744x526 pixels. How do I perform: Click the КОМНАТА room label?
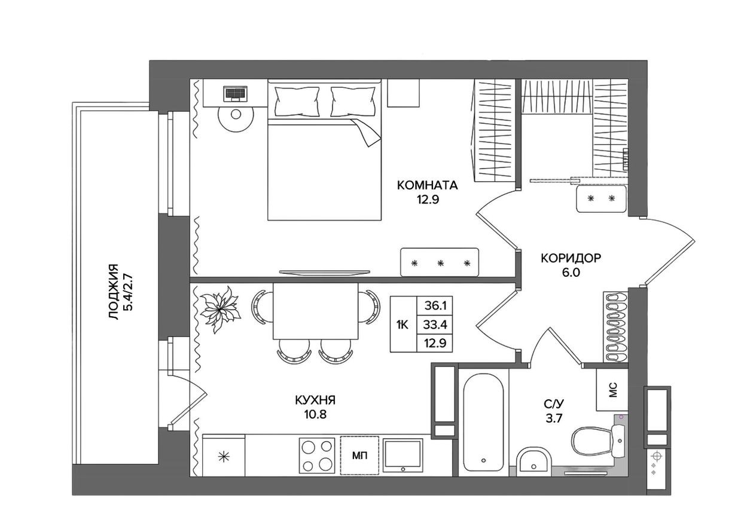pos(427,185)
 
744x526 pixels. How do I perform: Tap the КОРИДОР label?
pos(571,258)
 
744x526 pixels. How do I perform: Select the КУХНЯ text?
pos(315,400)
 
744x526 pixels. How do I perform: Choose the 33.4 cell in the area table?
pos(436,325)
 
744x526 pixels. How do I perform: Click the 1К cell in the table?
pos(403,325)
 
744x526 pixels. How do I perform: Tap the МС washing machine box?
pos(612,390)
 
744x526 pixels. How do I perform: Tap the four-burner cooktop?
pos(317,455)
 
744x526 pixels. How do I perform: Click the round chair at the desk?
pos(236,117)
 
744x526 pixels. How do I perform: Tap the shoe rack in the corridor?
pos(614,326)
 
